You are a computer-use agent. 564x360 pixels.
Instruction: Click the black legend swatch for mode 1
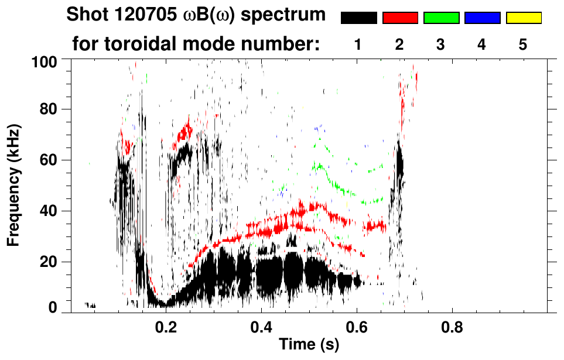click(358, 18)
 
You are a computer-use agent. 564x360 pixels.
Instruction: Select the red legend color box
click(400, 18)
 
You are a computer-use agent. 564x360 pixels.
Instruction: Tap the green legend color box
click(441, 18)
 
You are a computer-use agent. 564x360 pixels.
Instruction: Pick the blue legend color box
click(482, 18)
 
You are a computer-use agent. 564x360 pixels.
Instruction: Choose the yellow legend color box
click(524, 18)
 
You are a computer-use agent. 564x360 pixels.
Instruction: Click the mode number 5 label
click(523, 44)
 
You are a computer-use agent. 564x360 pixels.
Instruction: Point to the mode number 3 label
click(440, 44)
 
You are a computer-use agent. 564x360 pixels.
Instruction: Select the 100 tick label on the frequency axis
click(44, 61)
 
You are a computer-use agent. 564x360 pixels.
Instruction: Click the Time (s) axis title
click(309, 345)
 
